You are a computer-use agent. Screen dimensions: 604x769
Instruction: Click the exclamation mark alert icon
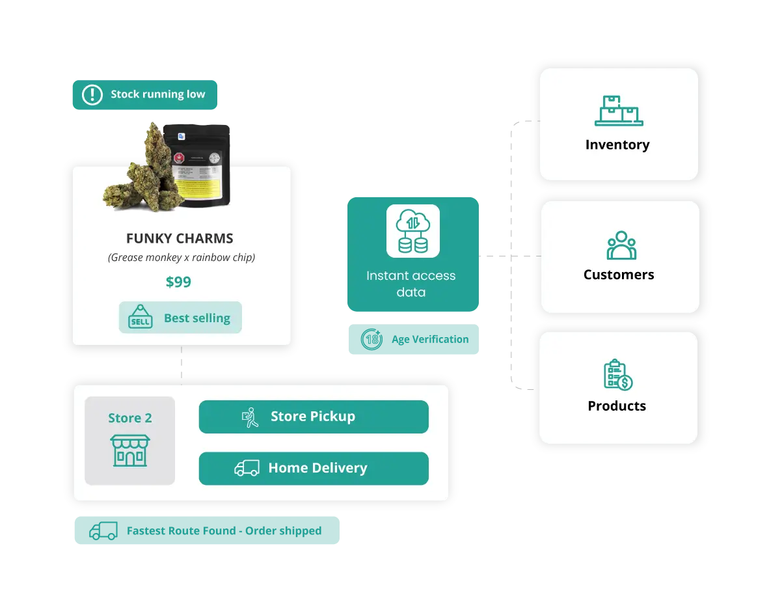click(92, 94)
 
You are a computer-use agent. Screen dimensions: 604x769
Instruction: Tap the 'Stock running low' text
click(157, 94)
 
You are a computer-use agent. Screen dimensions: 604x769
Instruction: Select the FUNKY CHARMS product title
click(180, 238)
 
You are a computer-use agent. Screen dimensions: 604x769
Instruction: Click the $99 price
click(178, 282)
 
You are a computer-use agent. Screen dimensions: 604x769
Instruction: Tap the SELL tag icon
click(140, 317)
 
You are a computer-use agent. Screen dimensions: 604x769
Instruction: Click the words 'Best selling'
click(196, 318)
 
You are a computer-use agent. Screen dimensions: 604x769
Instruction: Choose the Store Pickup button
click(313, 417)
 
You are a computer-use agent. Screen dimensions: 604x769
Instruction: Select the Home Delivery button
click(313, 468)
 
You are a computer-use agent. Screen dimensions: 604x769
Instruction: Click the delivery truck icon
click(247, 468)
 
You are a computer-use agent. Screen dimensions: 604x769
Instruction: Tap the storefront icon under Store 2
click(130, 450)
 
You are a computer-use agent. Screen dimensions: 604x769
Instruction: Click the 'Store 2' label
click(129, 418)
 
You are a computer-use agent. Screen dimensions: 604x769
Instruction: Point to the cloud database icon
click(412, 232)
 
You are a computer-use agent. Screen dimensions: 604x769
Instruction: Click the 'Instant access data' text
click(411, 284)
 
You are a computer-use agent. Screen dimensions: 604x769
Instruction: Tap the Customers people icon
click(621, 245)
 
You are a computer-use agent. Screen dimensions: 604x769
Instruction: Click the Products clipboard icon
click(617, 375)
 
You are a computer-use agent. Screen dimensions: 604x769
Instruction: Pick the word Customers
click(619, 275)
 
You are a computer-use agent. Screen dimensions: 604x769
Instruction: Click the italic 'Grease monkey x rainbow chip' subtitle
click(181, 258)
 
